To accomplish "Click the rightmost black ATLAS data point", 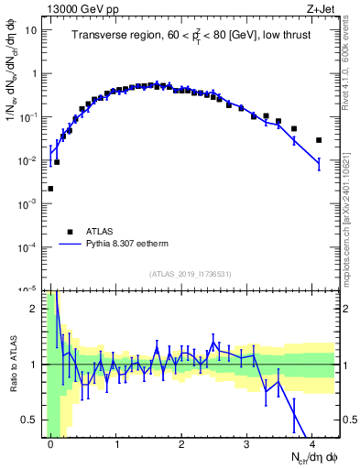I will pyautogui.click(x=319, y=140).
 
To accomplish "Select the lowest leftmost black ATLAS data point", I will pyautogui.click(x=50, y=189).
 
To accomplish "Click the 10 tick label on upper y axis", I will pyautogui.click(x=30, y=30).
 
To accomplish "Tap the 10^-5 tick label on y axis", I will pyautogui.click(x=27, y=290).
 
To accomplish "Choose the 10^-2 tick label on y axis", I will pyautogui.click(x=27, y=161).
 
